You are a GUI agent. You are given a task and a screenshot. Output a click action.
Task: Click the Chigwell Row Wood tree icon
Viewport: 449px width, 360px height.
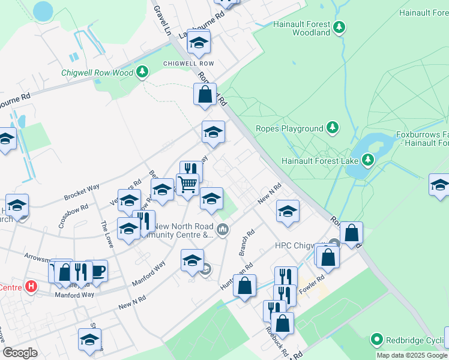coord(142,73)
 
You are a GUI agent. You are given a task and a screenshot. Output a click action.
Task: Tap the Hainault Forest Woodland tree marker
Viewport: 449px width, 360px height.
coord(340,26)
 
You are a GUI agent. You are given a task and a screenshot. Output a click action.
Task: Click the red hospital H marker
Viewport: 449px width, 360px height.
coord(31,287)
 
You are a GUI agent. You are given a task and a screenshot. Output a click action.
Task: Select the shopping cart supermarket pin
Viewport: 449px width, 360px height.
coord(187,184)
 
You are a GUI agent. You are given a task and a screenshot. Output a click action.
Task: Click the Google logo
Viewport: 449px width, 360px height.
coord(20,353)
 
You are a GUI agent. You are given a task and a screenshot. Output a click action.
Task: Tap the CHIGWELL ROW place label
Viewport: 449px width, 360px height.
coord(188,63)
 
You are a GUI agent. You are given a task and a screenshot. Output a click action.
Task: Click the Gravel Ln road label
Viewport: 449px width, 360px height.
coord(162,20)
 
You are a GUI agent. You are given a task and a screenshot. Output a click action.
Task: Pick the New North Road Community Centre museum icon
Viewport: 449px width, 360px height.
coord(223,229)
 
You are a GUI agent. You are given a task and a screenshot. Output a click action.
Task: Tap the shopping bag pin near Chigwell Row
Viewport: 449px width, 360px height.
coord(205,95)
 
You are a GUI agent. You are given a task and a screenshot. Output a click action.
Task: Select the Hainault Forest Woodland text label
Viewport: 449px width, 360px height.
coord(302,28)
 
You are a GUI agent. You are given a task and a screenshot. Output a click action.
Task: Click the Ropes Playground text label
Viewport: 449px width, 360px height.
coord(289,128)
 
